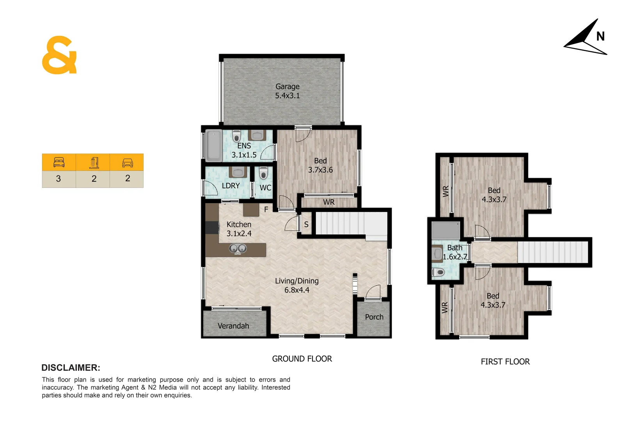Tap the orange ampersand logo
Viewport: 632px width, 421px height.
[59, 55]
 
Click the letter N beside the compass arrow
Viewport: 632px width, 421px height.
[600, 37]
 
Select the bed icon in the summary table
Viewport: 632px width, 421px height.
[59, 162]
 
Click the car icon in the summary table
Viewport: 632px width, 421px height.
[128, 163]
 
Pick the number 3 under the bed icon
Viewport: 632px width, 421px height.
[59, 179]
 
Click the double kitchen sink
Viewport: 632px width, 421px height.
[237, 248]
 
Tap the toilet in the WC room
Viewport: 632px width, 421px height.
[263, 173]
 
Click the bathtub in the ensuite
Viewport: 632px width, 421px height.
[213, 145]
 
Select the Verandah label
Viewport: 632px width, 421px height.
[233, 326]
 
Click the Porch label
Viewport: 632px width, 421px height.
[374, 317]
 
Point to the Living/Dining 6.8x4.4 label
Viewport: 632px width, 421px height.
[296, 285]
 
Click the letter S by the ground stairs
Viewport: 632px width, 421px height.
[306, 225]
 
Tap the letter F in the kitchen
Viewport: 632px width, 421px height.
[266, 209]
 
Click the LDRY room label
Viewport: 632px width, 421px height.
[231, 186]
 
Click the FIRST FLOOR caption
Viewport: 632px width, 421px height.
[505, 362]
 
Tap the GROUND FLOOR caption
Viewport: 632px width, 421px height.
[302, 359]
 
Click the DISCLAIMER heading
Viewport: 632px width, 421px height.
[71, 368]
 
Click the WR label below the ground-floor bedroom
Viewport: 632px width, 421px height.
[328, 202]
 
